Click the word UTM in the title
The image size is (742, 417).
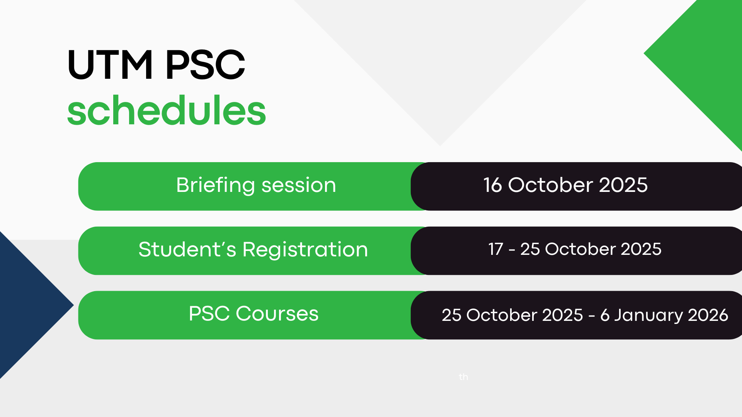point(110,64)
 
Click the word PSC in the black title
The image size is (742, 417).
point(205,64)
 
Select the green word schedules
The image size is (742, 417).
point(167,110)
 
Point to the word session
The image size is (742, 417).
point(299,186)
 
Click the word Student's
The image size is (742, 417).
point(187,249)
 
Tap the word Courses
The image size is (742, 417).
point(277,314)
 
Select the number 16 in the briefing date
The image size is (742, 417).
point(492,185)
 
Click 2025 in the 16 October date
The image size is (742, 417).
point(623,185)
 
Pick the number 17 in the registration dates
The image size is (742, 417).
point(495,249)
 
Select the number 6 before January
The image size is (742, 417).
point(605,315)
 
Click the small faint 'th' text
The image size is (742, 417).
point(463,377)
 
